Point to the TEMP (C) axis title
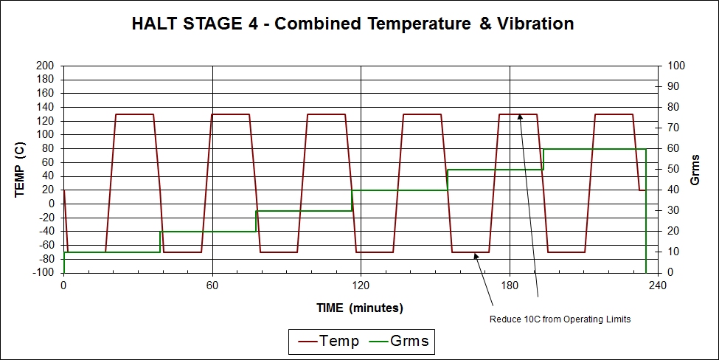21,169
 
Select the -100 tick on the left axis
43,273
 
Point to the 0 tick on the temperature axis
51,204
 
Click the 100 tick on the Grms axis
676,66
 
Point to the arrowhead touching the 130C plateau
519,117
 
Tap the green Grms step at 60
594,149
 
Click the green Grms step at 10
111,252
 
